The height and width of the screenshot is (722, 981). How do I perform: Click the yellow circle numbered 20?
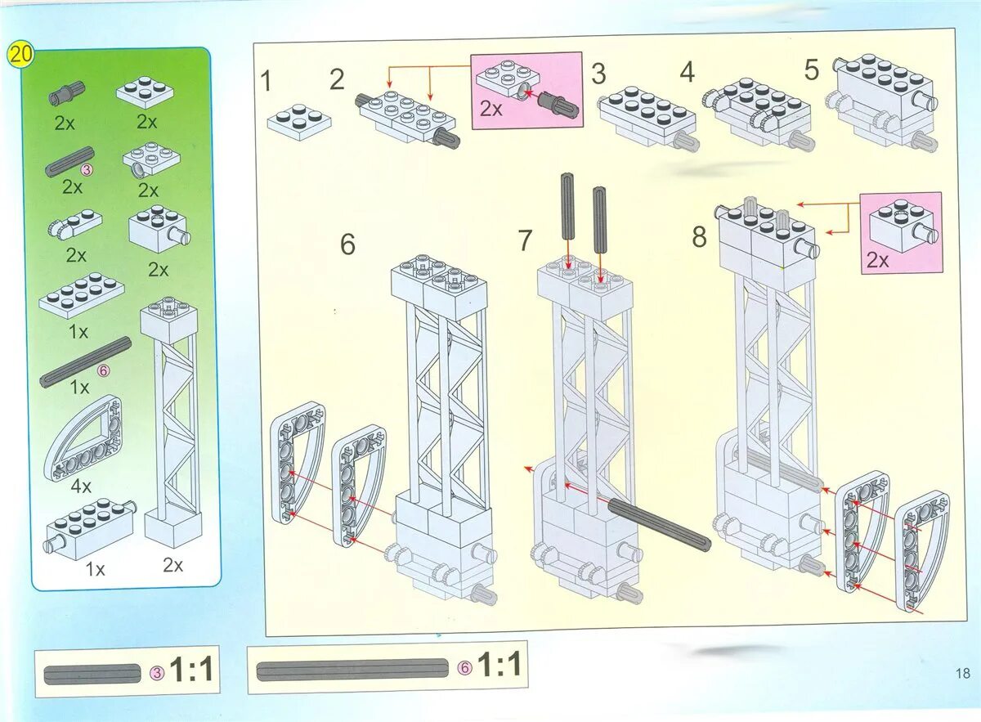(20, 55)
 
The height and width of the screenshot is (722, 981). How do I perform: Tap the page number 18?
(963, 672)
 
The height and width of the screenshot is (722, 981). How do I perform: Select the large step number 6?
(347, 244)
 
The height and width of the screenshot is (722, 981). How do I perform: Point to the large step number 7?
(525, 240)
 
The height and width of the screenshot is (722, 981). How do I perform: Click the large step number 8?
(700, 237)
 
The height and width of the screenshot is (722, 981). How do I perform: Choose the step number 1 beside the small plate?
(266, 81)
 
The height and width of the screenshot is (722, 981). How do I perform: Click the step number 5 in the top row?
(812, 70)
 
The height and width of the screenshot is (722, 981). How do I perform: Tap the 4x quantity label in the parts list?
(81, 486)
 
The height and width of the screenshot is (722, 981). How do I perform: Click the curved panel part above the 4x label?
(83, 438)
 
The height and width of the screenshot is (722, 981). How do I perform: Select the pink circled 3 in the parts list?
(87, 169)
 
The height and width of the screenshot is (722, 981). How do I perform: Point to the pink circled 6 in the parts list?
(103, 370)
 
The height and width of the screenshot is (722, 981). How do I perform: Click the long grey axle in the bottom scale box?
(352, 670)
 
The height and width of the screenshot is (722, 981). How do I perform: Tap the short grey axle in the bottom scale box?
(92, 674)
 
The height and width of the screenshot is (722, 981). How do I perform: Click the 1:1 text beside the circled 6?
(500, 666)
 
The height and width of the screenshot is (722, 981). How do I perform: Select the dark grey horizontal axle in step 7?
(660, 524)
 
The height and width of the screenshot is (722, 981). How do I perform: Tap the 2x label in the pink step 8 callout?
(879, 261)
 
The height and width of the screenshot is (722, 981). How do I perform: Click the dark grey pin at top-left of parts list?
(66, 93)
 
